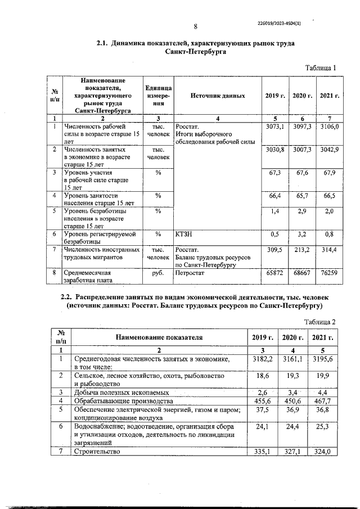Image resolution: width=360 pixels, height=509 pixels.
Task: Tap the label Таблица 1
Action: point(320,68)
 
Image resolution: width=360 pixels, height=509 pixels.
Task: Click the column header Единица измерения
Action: point(158,96)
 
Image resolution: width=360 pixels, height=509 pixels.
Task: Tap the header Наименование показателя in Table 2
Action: point(159,337)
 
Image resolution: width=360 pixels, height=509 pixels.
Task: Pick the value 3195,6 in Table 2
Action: point(325,358)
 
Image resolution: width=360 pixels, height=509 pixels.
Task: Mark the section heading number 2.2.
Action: point(66,296)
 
